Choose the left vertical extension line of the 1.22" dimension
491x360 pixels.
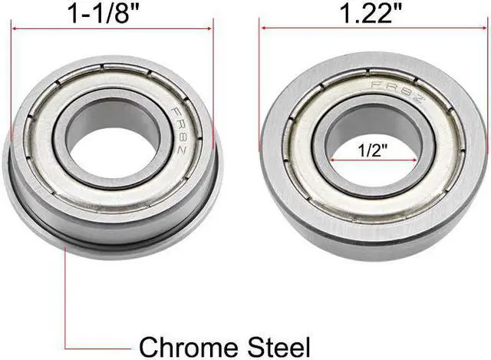(x=261, y=77)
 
